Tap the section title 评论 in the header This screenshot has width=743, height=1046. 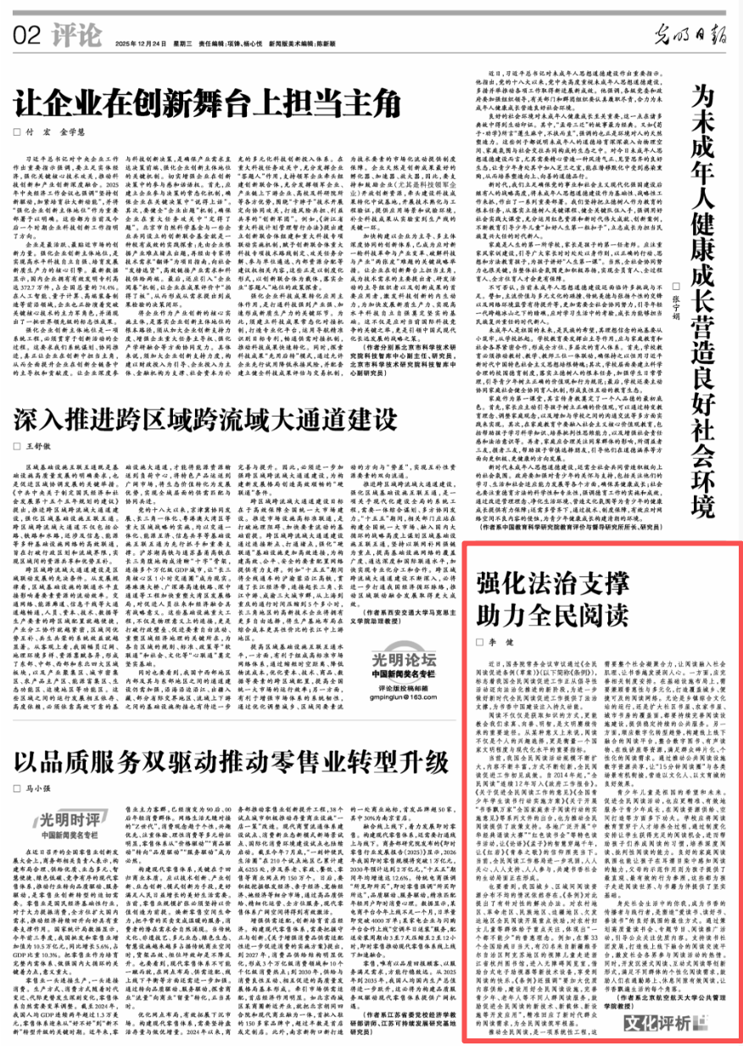pos(75,36)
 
